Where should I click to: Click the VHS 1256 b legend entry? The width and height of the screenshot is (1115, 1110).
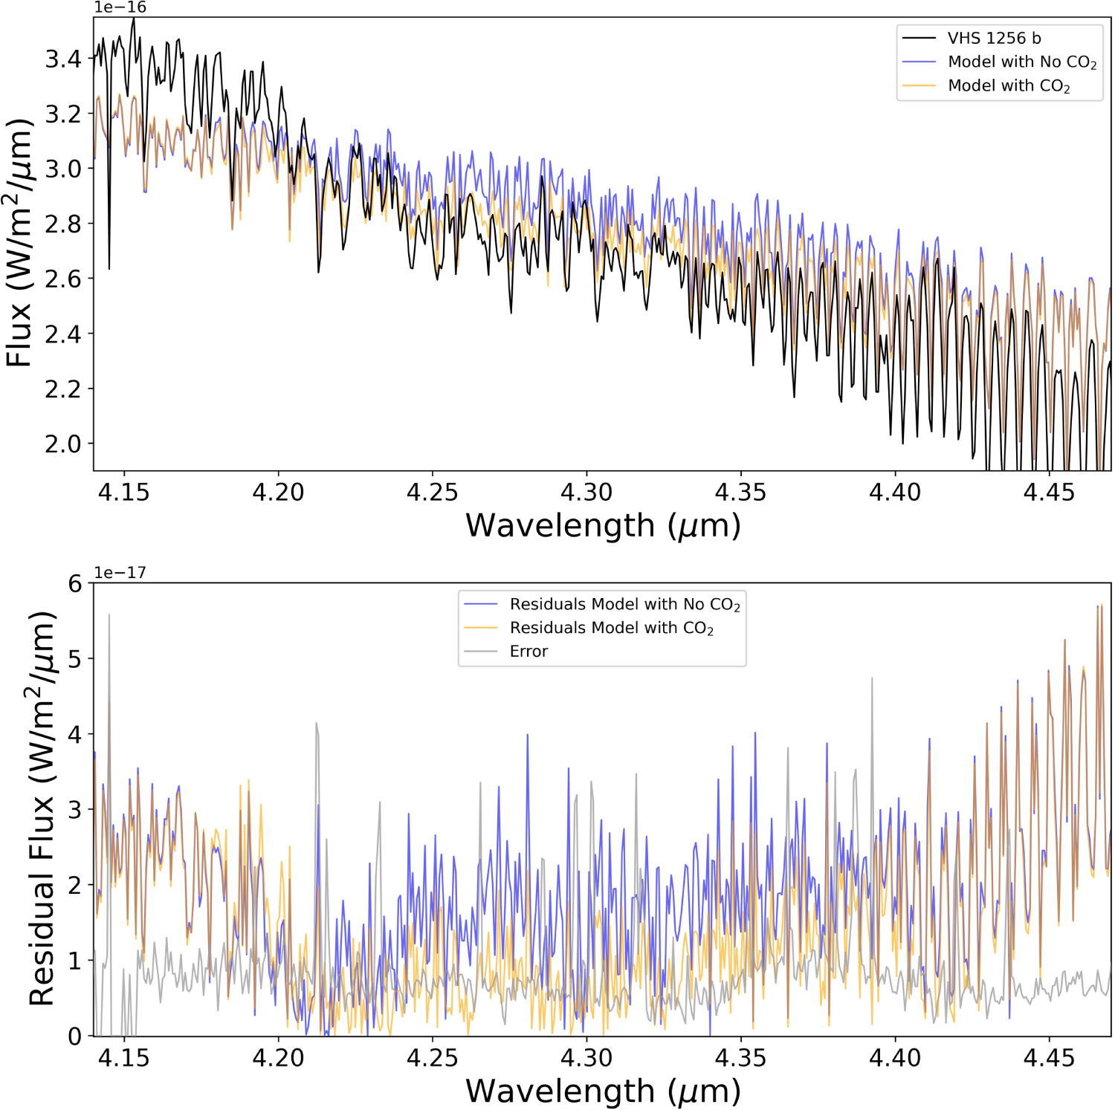pyautogui.click(x=993, y=38)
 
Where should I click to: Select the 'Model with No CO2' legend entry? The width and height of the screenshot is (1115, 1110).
pyautogui.click(x=1021, y=62)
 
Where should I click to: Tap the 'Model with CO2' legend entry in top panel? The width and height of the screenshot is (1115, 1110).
pyautogui.click(x=1008, y=85)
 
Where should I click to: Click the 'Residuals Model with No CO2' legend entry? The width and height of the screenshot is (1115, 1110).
pyautogui.click(x=624, y=604)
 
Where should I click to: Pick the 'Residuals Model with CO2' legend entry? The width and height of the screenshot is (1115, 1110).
pyautogui.click(x=611, y=628)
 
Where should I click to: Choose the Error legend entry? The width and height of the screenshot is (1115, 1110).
pyautogui.click(x=528, y=651)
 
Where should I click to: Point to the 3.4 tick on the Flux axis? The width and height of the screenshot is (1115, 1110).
pyautogui.click(x=63, y=58)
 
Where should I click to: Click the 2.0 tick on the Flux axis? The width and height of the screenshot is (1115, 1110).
pyautogui.click(x=63, y=444)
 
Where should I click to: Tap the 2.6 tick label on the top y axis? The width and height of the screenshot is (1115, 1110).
pyautogui.click(x=63, y=279)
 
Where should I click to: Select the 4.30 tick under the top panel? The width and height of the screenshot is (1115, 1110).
pyautogui.click(x=586, y=492)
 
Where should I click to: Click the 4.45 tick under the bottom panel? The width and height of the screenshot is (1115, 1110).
pyautogui.click(x=1049, y=1057)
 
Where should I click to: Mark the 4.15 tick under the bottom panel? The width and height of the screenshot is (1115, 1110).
pyautogui.click(x=123, y=1057)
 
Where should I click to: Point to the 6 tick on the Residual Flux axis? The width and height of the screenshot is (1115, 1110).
pyautogui.click(x=75, y=583)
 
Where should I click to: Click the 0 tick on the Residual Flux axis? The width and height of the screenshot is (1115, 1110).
pyautogui.click(x=75, y=1036)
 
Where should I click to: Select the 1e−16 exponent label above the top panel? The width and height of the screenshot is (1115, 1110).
pyautogui.click(x=120, y=7)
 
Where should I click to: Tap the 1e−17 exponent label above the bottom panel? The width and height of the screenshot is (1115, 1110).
pyautogui.click(x=120, y=573)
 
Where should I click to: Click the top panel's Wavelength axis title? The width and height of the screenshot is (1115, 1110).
pyautogui.click(x=603, y=525)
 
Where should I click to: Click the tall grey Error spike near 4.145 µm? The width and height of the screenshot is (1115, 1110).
pyautogui.click(x=109, y=616)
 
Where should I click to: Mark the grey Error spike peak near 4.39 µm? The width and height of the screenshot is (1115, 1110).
pyautogui.click(x=872, y=679)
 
